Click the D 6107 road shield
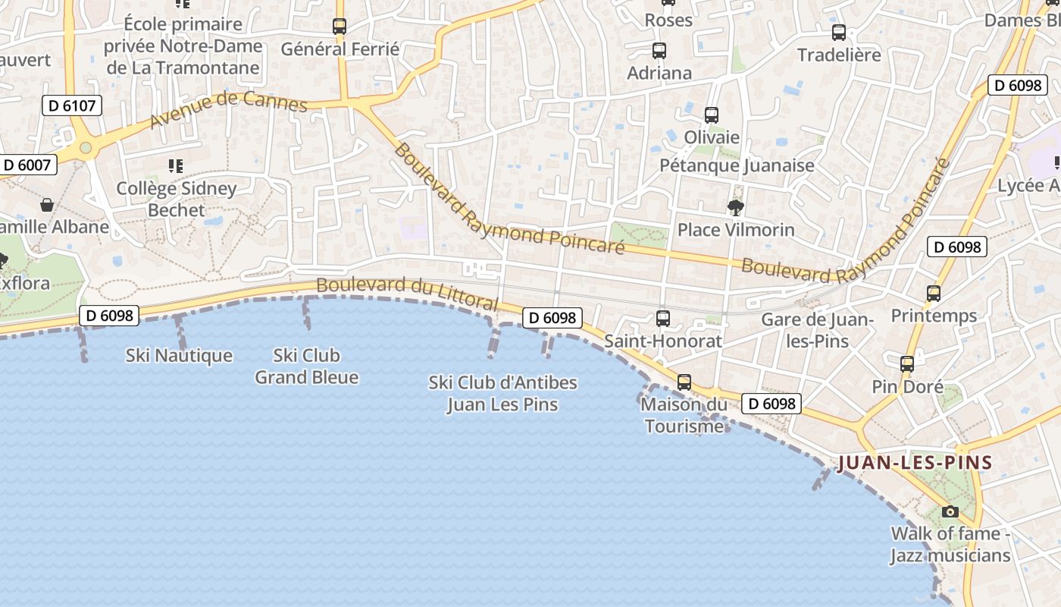(72, 105)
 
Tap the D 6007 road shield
(27, 165)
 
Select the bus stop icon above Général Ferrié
(340, 27)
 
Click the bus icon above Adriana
(659, 51)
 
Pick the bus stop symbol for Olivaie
(711, 115)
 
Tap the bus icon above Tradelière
(839, 33)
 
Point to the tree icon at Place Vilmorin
(734, 207)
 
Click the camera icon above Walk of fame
(950, 511)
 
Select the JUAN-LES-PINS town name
(915, 462)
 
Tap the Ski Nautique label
(179, 355)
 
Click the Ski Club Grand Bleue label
(306, 366)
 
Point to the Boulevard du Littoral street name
(407, 294)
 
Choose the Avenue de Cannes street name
(228, 111)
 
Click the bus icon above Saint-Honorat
(663, 319)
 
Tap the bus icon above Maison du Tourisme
(684, 382)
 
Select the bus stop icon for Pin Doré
(907, 364)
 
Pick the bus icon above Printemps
(934, 294)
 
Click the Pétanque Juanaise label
(737, 165)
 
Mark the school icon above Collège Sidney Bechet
(176, 165)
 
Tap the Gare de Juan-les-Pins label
(817, 330)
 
